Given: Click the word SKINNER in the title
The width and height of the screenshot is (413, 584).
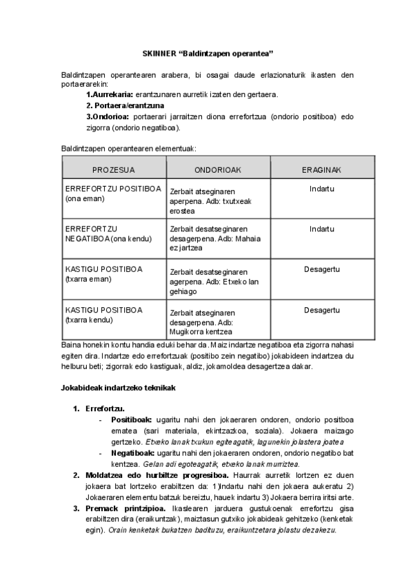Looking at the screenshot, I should pyautogui.click(x=158, y=52).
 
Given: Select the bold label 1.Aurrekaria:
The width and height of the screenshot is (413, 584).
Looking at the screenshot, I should pyautogui.click(x=110, y=94).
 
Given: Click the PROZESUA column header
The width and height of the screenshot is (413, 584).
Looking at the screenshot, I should pyautogui.click(x=113, y=169).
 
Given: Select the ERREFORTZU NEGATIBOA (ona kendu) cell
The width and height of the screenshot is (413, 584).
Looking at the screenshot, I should pyautogui.click(x=113, y=233).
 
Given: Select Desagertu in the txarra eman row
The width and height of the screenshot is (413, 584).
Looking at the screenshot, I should pyautogui.click(x=321, y=269).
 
